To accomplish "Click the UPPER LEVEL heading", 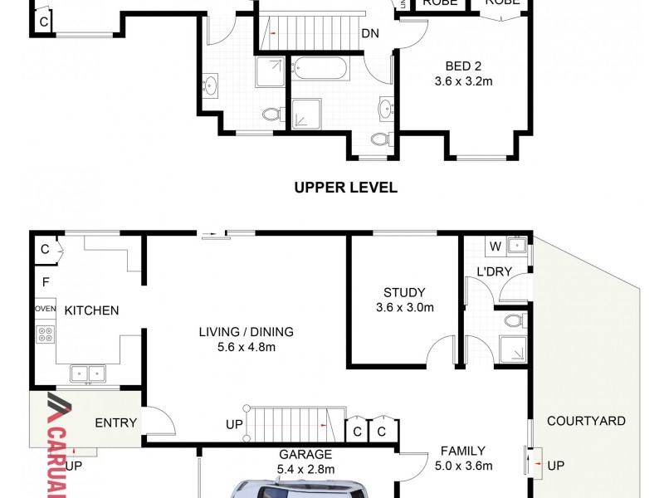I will (x=345, y=188).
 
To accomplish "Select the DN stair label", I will (x=370, y=34).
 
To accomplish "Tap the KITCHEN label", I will (x=91, y=310).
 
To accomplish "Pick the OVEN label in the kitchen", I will (x=45, y=309).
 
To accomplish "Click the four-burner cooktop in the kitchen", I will (x=45, y=335).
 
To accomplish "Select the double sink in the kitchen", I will (x=87, y=373).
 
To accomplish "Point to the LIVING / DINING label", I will (x=246, y=332).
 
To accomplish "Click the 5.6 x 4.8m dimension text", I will (x=246, y=347).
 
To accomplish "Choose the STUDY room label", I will (x=404, y=292).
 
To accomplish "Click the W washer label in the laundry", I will (x=495, y=246).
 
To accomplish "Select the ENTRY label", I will (x=115, y=422).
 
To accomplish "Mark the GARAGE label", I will (x=306, y=454).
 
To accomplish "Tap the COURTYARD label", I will (x=585, y=421).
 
